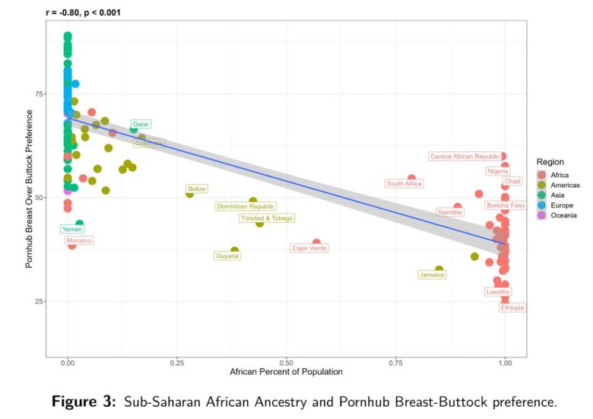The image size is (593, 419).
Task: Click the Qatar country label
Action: coord(141,124)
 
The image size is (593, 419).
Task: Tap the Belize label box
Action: coord(197,189)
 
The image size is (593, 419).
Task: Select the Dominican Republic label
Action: coord(246,206)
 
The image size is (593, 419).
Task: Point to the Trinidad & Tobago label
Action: coord(266,218)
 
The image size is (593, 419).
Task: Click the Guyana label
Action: coord(227,256)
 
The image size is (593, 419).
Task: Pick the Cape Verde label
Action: coord(309,248)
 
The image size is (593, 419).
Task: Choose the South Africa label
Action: coord(404,183)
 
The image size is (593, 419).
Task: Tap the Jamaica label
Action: coord(432,275)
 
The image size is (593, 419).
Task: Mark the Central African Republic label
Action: coord(465,157)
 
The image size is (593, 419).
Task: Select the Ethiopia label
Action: coord(512,308)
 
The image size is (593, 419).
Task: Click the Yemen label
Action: coord(72,229)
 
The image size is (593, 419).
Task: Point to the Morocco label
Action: coord(79,241)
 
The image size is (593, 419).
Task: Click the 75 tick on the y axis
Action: coord(38,94)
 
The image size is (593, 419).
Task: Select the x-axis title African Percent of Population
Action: coord(286,372)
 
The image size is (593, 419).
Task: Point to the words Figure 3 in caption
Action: coord(88,402)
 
